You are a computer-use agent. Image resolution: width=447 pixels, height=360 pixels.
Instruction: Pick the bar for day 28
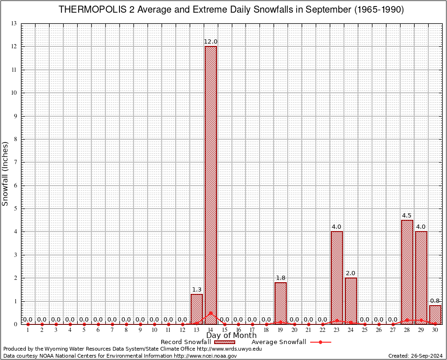coord(407,272)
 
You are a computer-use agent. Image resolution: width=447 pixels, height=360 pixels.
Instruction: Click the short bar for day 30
coord(435,315)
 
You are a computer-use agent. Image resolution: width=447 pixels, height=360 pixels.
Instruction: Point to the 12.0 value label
coord(210,42)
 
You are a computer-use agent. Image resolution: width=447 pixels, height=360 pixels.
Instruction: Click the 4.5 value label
coord(407,216)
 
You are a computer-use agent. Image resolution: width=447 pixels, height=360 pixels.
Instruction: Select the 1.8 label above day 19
coord(281,278)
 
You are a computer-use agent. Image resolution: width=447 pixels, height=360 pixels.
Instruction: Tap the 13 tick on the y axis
coord(14,23)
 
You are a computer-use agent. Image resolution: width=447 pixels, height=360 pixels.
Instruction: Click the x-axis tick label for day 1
coord(28,330)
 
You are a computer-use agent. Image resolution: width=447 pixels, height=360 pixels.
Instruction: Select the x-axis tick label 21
coord(308,330)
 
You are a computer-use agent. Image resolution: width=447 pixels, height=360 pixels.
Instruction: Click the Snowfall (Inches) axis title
coord(6,173)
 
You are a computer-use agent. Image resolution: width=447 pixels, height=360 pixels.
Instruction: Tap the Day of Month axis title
coord(231,335)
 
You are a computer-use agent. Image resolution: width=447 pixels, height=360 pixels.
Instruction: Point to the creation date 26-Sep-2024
coord(425,356)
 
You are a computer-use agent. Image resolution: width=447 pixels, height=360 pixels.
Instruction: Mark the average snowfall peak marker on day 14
coord(210,313)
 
